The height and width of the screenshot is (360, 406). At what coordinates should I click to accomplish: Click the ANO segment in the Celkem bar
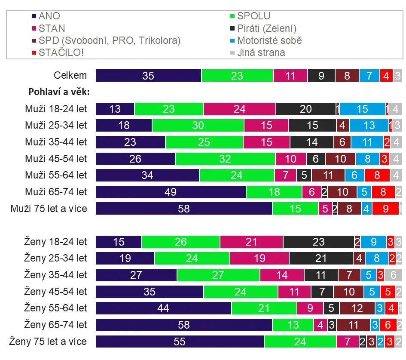click(148, 76)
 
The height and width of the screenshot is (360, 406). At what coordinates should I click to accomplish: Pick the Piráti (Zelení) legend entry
click(266, 29)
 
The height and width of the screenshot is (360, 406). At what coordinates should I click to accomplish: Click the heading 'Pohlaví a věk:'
click(58, 92)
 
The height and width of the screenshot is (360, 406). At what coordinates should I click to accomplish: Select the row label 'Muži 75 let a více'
click(49, 209)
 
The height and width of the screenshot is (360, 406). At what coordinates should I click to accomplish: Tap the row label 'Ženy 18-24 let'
click(55, 242)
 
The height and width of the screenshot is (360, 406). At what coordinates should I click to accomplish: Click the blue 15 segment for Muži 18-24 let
click(363, 109)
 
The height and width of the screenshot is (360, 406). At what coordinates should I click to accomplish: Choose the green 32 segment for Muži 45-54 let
click(225, 159)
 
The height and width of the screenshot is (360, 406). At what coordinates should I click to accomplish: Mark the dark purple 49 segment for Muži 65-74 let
click(171, 192)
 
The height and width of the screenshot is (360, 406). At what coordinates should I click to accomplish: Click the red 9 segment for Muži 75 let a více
click(385, 209)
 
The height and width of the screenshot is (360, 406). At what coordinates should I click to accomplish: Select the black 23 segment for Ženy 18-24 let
click(318, 242)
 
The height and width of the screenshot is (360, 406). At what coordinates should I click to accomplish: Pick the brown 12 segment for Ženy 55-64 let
click(357, 308)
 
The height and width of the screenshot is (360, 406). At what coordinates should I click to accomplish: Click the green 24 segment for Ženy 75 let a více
click(300, 342)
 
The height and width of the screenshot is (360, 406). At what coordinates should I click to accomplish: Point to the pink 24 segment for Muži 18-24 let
click(239, 109)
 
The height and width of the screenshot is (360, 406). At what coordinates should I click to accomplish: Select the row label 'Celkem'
click(70, 76)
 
